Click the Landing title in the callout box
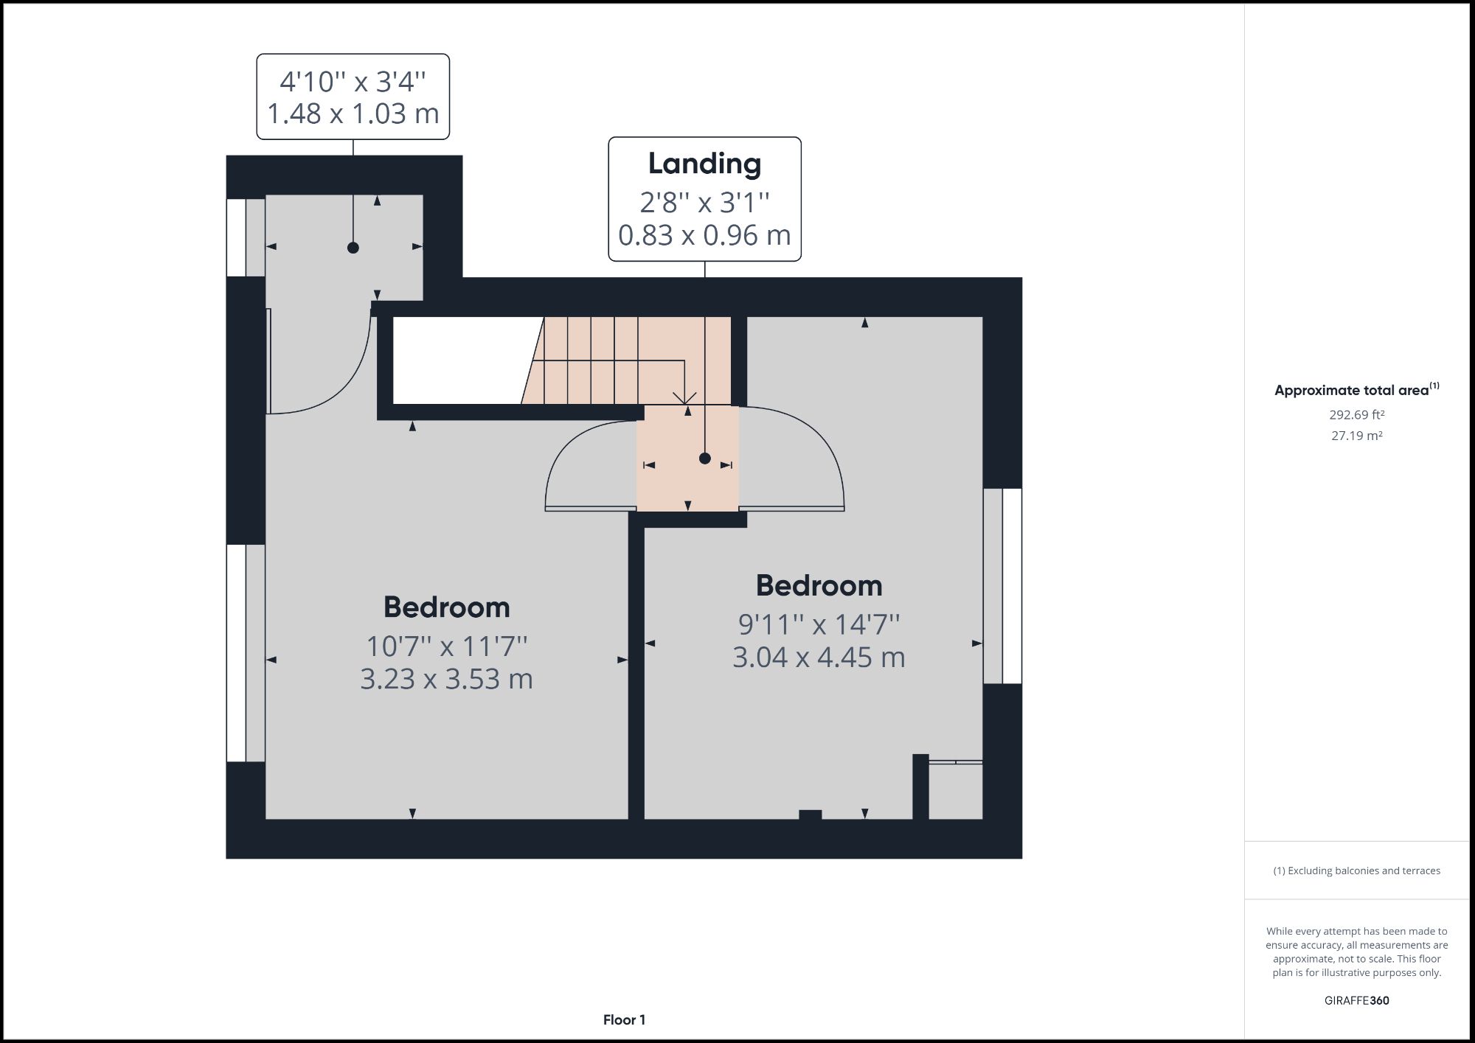[x=704, y=164]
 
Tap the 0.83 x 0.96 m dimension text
[x=704, y=235]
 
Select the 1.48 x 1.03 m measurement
[x=353, y=114]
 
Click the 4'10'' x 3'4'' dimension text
[x=353, y=81]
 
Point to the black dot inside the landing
[x=704, y=458]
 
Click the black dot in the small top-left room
[x=353, y=248]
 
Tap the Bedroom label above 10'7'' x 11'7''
[x=446, y=607]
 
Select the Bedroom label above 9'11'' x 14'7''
[x=819, y=586]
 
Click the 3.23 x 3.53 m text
[x=446, y=679]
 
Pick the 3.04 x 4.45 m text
[x=819, y=657]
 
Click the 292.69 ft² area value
[x=1356, y=415]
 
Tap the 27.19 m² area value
[x=1356, y=436]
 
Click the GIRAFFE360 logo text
[x=1356, y=1000]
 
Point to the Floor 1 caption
[x=624, y=1020]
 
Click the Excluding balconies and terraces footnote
[x=1356, y=871]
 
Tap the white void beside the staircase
[x=457, y=360]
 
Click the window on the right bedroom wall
[x=1002, y=586]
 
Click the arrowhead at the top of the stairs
[x=685, y=399]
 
